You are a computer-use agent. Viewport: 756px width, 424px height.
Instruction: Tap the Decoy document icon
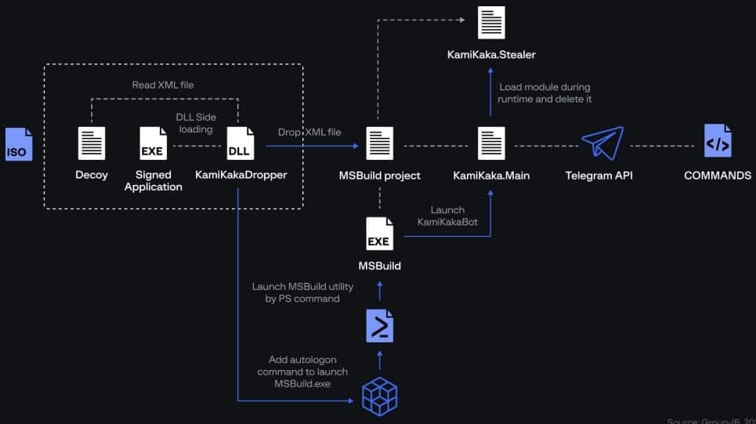[92, 143]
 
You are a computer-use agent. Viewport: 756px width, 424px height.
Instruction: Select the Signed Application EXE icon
[153, 143]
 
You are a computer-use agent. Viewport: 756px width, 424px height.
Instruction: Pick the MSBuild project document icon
[380, 143]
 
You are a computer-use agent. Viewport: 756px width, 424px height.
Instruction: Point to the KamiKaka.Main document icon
[491, 143]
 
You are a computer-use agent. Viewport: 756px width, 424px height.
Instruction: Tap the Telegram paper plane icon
[602, 144]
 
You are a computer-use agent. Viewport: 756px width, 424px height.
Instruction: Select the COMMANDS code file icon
[718, 142]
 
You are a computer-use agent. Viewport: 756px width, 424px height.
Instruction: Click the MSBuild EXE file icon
[379, 234]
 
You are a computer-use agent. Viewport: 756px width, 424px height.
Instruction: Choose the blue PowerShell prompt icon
[380, 325]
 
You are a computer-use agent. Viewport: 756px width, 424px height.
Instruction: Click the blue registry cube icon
[380, 397]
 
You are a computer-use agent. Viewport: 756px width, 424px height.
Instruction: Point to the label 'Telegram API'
[599, 176]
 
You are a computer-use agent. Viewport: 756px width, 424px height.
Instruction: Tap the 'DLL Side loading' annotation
[196, 123]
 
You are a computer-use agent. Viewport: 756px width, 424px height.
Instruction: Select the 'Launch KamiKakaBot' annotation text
[447, 216]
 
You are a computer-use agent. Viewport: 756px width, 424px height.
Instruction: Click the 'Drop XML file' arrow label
[309, 132]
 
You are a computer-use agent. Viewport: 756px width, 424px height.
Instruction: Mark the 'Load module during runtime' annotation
[544, 92]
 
